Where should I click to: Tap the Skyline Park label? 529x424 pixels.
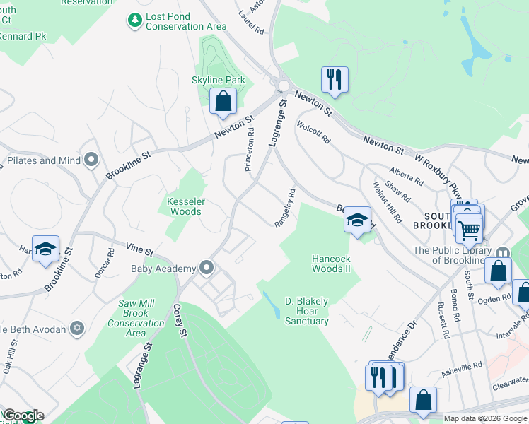tap(219, 81)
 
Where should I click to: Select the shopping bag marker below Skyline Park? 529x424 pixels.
tap(223, 102)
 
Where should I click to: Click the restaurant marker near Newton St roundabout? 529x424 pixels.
tap(335, 79)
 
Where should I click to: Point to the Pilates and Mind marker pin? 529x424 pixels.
tap(91, 160)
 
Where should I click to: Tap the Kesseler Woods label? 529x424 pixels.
tap(185, 206)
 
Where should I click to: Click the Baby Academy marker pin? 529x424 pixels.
tap(207, 268)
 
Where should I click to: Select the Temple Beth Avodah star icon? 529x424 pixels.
tap(77, 328)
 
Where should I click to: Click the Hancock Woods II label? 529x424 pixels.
tap(331, 264)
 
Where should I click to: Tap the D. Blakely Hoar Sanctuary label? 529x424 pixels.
tap(306, 311)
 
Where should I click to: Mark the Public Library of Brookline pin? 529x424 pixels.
tap(503, 253)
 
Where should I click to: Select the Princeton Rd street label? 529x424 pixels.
tap(250, 149)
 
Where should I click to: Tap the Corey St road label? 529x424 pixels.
tap(180, 321)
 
